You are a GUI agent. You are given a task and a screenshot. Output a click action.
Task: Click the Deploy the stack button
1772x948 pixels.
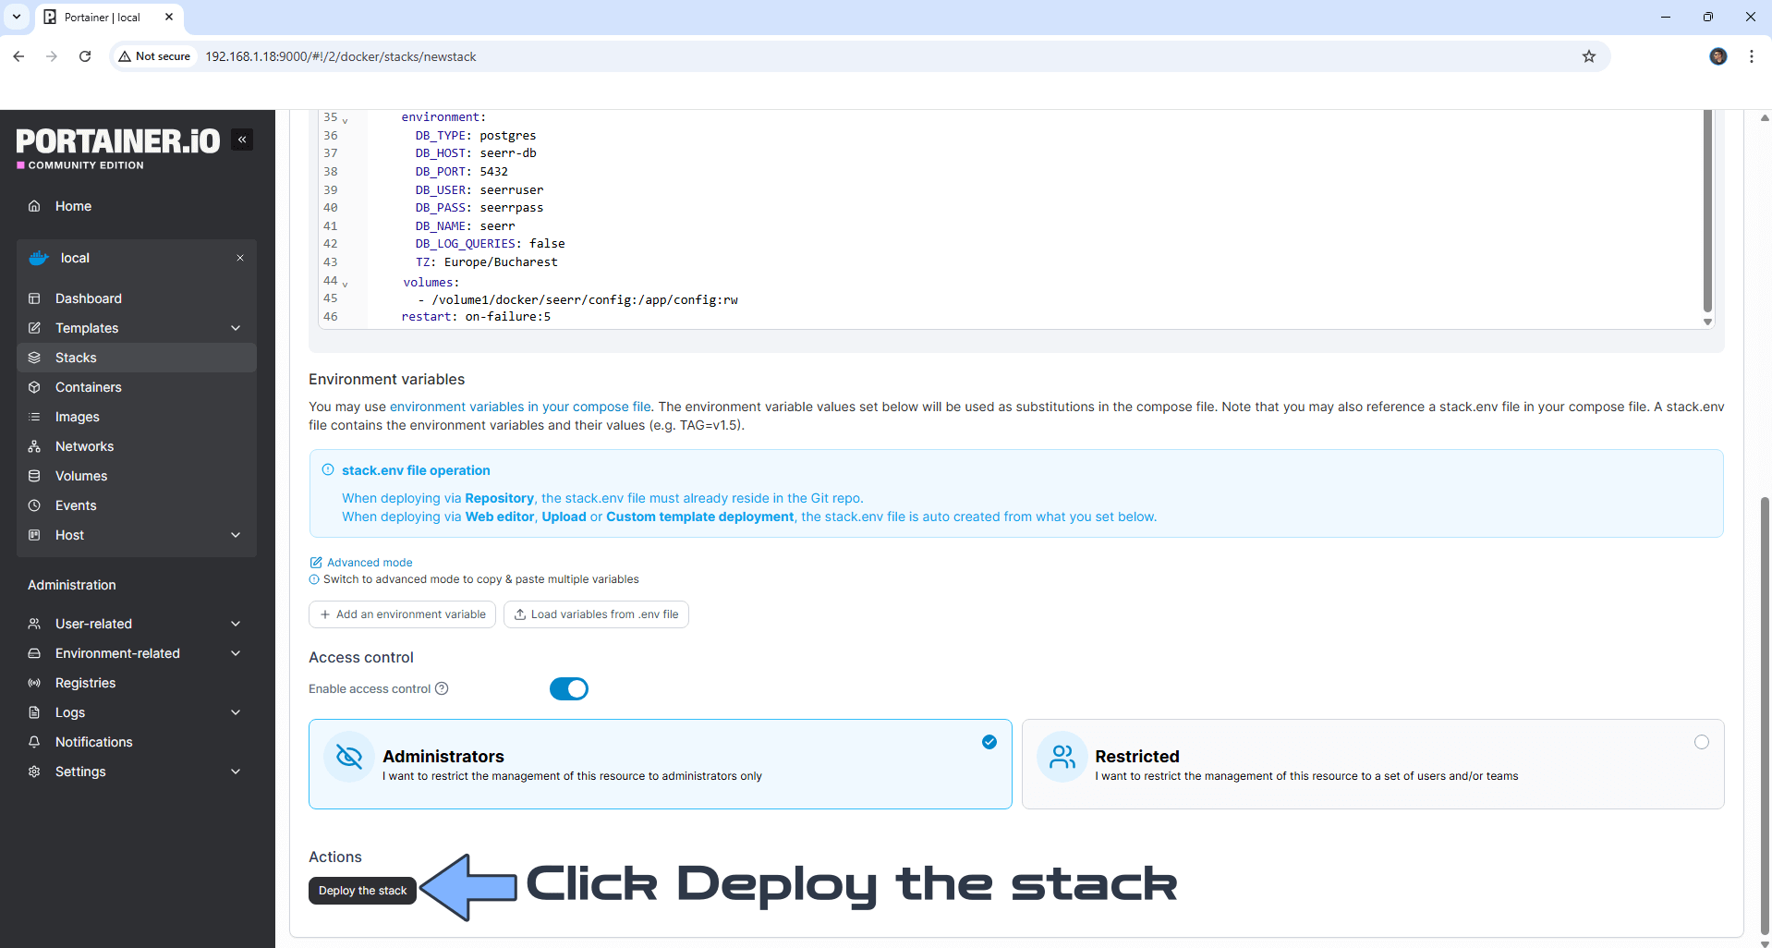pyautogui.click(x=362, y=891)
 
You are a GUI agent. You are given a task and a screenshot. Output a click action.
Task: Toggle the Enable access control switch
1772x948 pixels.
pyautogui.click(x=568, y=689)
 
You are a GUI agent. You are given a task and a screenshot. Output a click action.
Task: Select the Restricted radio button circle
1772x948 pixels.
pyautogui.click(x=1701, y=742)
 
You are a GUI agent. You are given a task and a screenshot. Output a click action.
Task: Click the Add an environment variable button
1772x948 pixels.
pyautogui.click(x=402, y=614)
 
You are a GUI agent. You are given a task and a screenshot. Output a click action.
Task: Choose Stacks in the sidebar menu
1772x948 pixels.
pyautogui.click(x=76, y=358)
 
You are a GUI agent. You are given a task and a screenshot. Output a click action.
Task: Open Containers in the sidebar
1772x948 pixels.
pyautogui.click(x=88, y=387)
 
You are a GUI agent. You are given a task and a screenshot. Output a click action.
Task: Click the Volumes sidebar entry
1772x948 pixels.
pyautogui.click(x=81, y=476)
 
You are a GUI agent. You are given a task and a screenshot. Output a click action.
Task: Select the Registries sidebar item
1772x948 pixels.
pyautogui.click(x=85, y=683)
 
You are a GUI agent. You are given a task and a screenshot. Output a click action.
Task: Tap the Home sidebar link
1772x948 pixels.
pyautogui.click(x=73, y=206)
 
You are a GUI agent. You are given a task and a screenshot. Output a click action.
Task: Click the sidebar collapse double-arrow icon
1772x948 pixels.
pyautogui.click(x=242, y=140)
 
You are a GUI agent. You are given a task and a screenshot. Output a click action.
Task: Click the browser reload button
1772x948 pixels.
pyautogui.click(x=85, y=56)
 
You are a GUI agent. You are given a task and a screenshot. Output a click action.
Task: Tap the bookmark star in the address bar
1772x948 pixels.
pyautogui.click(x=1588, y=56)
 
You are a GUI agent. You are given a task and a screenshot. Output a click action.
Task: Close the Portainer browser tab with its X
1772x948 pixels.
pyautogui.click(x=169, y=17)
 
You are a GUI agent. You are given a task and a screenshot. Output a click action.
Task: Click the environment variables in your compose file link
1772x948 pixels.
pyautogui.click(x=520, y=407)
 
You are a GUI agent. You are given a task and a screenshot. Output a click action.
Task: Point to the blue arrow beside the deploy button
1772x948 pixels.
pyautogui.click(x=468, y=887)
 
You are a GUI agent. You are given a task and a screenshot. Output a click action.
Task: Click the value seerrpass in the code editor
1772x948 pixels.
pyautogui.click(x=511, y=208)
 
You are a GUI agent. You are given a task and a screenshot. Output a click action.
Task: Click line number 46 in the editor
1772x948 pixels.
pyautogui.click(x=330, y=317)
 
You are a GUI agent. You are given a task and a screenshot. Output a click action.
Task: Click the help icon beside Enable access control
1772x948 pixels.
pyautogui.click(x=442, y=688)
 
